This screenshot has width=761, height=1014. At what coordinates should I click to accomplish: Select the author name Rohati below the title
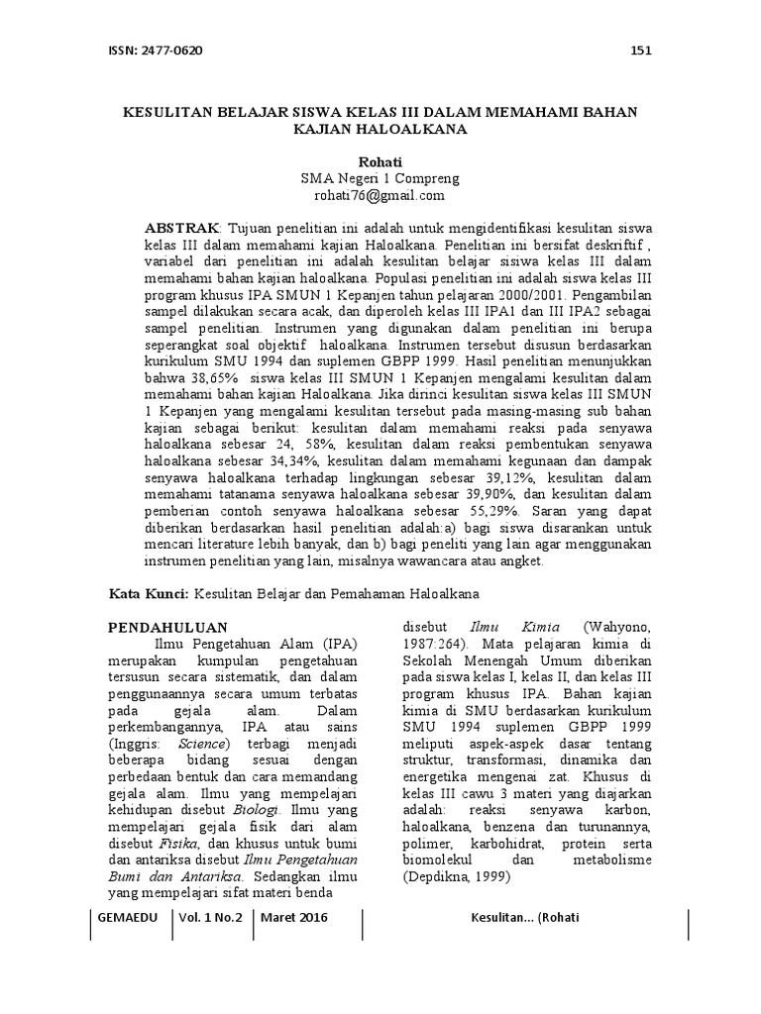coord(380,160)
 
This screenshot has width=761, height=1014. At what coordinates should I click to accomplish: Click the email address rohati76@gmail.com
coord(380,195)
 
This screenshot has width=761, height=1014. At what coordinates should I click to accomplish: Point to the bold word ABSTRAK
coord(180,229)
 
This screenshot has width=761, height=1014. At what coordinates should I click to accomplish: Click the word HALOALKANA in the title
coord(415,129)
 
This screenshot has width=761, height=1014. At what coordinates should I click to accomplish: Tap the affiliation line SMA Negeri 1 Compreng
coord(380,178)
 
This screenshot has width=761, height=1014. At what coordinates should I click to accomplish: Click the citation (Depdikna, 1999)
coord(454,876)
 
